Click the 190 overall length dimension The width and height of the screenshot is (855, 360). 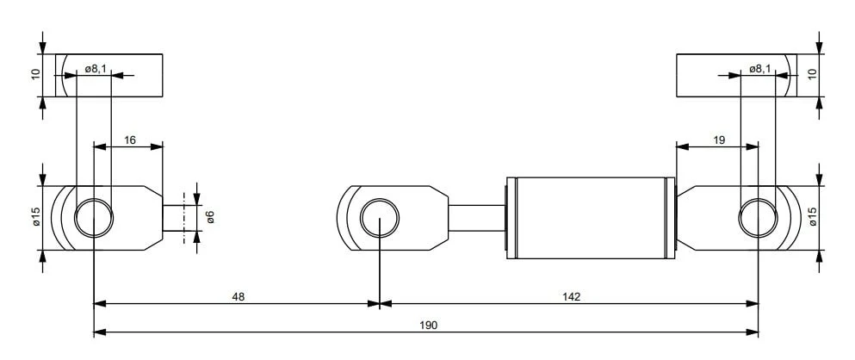coord(429,325)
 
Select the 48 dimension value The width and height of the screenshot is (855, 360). coord(239,297)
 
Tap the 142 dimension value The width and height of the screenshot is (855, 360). coord(572,297)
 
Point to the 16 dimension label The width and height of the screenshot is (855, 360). coord(130,140)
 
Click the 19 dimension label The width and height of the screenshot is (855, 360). coord(719,140)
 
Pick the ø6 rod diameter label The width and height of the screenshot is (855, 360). coord(210,216)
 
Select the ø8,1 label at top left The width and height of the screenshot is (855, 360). coord(96,69)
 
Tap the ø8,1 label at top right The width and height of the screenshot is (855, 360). coord(759,69)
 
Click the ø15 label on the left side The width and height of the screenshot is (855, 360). coord(36,216)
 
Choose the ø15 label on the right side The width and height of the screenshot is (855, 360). coord(813,216)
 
